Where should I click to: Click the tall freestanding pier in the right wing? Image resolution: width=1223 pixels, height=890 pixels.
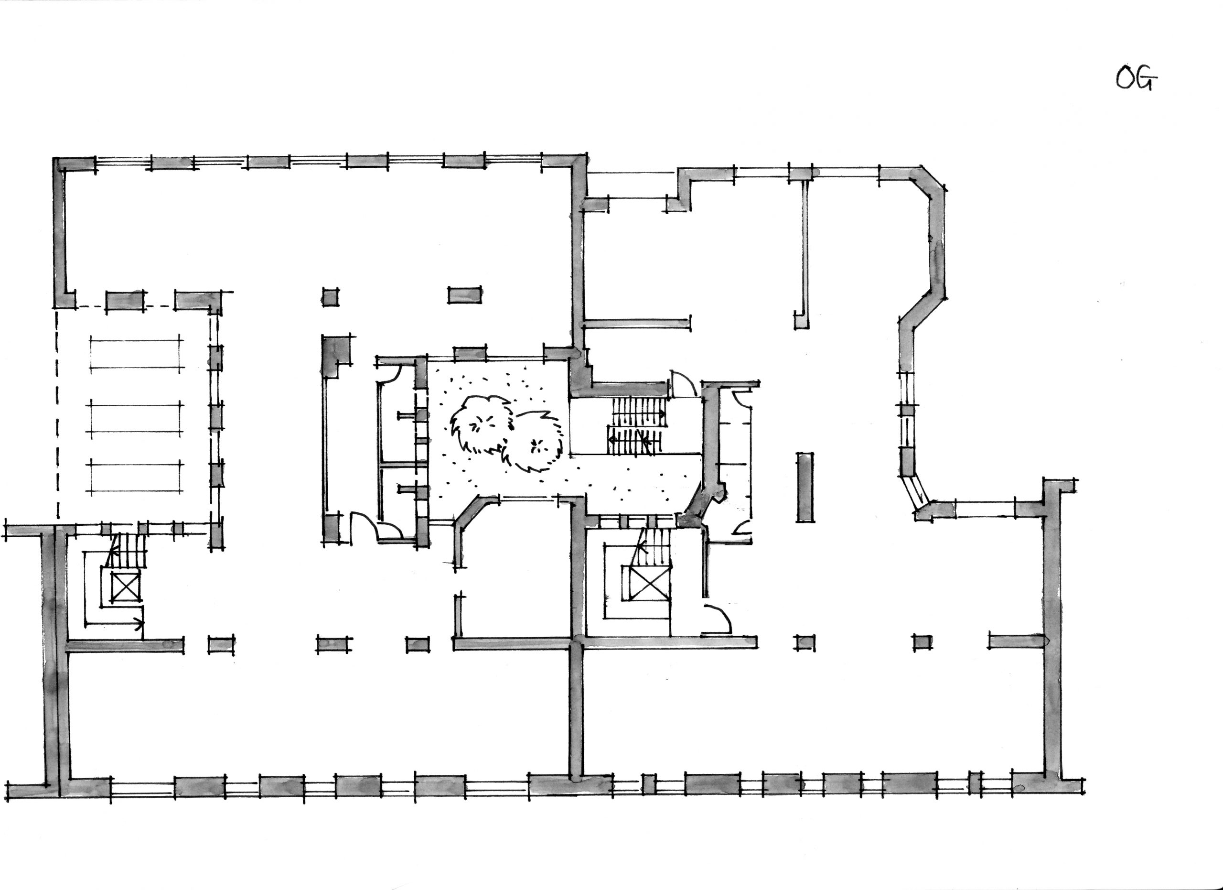(x=805, y=488)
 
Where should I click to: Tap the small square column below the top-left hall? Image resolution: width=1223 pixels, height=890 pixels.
(x=331, y=297)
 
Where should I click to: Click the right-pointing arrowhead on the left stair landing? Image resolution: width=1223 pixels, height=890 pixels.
(x=139, y=624)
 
